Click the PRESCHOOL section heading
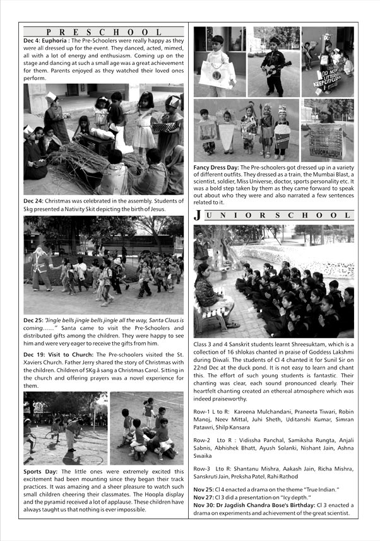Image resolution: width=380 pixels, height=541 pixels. coord(104,32)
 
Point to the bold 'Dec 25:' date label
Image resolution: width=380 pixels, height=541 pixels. coord(33,320)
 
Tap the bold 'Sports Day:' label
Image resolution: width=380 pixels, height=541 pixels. coord(42,470)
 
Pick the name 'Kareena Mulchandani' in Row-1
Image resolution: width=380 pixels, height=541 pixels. coord(255,410)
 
